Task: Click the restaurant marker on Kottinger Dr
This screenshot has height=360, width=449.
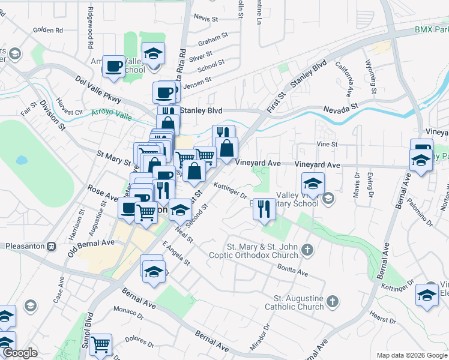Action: click(x=264, y=209)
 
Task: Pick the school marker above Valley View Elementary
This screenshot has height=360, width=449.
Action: click(x=313, y=184)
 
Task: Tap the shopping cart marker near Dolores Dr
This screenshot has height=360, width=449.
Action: click(x=101, y=344)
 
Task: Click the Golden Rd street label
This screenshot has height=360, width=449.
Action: click(x=48, y=29)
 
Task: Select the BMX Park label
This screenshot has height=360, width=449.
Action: click(x=431, y=29)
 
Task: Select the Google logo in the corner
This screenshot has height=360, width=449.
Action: click(x=20, y=353)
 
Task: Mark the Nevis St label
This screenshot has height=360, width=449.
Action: click(x=205, y=19)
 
